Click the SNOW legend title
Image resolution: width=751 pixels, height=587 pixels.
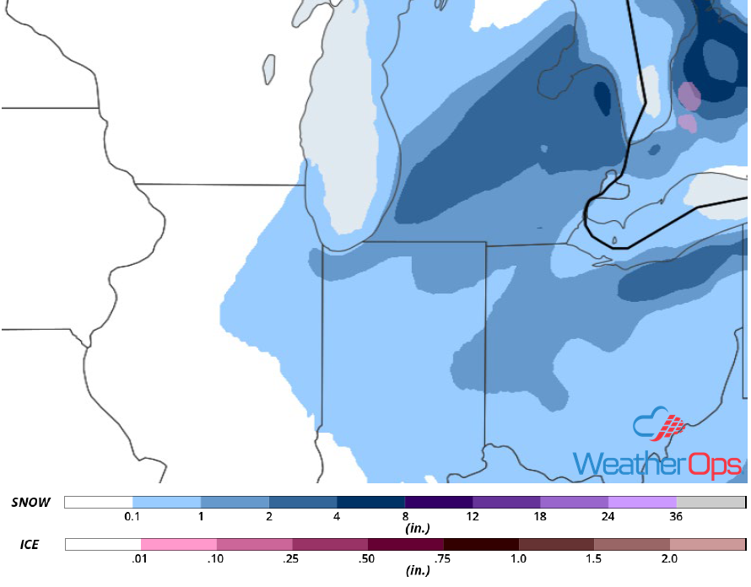coord(31,503)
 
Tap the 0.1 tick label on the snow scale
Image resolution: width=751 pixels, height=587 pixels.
coord(132,516)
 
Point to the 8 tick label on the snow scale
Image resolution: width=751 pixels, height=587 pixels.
coord(405,516)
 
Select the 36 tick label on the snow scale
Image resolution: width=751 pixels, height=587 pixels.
coord(677,516)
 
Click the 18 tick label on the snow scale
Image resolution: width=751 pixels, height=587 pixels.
coord(541,516)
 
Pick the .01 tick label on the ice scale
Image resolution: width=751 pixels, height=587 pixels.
coord(141,558)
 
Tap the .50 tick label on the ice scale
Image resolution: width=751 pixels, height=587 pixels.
coord(368,558)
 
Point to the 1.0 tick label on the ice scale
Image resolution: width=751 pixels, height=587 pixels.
coord(519,558)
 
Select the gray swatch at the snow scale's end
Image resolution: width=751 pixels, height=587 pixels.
coord(710,502)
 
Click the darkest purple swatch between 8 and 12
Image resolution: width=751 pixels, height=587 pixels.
coord(439,502)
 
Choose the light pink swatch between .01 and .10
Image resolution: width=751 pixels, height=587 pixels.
coord(179,544)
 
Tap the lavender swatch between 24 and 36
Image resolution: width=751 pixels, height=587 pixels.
coord(642,502)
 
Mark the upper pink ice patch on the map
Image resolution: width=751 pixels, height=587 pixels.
coord(689,96)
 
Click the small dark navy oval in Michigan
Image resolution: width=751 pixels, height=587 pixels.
coord(602,97)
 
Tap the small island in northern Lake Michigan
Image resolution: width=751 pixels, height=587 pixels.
coord(269,69)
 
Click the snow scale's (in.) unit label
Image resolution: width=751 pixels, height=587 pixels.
coord(419,529)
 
